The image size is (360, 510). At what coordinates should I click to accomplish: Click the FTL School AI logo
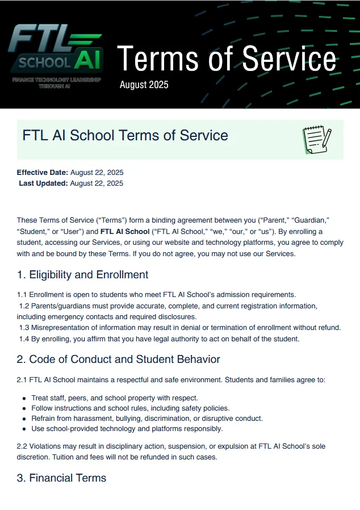(55, 48)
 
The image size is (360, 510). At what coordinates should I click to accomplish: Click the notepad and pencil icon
(317, 140)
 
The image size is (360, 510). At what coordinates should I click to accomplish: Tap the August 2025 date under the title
(144, 85)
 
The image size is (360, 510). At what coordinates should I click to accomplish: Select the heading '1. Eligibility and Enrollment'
(82, 275)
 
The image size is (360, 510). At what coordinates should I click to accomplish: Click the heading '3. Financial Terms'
(61, 478)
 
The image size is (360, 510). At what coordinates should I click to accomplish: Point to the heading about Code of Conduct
(118, 359)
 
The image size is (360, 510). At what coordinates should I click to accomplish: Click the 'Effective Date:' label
(43, 172)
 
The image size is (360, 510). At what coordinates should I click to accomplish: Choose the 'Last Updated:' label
(44, 183)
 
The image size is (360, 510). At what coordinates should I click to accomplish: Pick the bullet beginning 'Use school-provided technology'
(127, 429)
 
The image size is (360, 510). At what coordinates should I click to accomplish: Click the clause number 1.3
(24, 328)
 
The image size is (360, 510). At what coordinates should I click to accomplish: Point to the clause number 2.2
(23, 447)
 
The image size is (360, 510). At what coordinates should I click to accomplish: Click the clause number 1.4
(24, 339)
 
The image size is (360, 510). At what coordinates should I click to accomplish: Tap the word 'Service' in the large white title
(288, 58)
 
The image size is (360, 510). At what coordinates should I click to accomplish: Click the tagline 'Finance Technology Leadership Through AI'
(56, 82)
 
